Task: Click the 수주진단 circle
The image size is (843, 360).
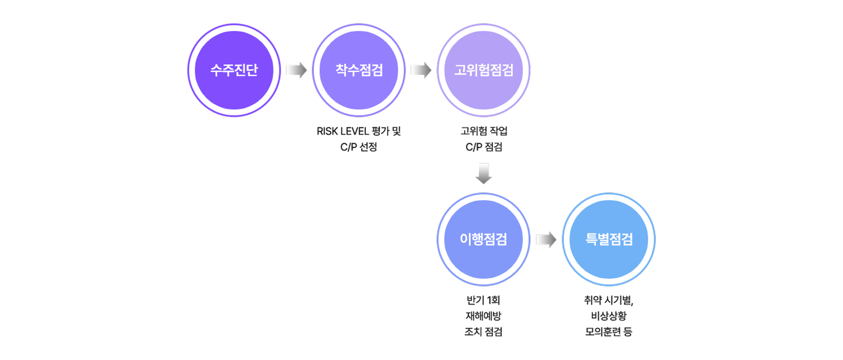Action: [x=234, y=70]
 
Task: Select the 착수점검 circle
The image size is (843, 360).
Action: [x=359, y=70]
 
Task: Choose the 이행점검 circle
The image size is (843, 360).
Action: [x=483, y=239]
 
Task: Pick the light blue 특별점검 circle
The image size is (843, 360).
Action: [x=609, y=239]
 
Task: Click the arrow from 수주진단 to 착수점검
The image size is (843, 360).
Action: [x=296, y=70]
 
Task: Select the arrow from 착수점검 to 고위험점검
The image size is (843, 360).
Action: [x=421, y=70]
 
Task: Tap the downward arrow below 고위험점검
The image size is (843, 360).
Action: [x=483, y=174]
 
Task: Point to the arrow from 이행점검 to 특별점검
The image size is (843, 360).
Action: [x=546, y=240]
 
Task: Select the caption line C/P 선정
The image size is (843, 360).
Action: [x=359, y=147]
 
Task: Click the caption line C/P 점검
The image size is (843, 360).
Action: [x=484, y=147]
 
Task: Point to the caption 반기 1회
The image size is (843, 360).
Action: [x=483, y=300]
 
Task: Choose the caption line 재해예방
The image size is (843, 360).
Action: [x=483, y=316]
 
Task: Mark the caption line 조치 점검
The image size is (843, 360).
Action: [x=483, y=331]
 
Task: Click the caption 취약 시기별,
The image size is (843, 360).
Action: [x=609, y=300]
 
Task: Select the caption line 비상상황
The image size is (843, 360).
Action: [x=609, y=316]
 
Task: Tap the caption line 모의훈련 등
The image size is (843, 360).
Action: [x=609, y=331]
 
